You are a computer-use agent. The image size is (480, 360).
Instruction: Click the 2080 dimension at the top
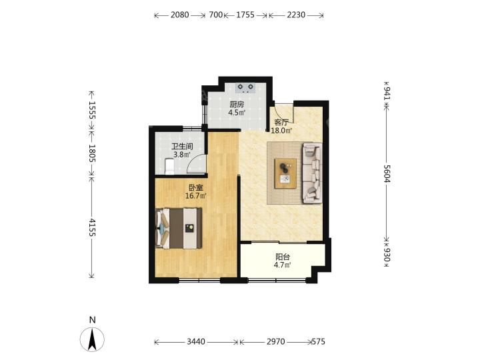click(180, 15)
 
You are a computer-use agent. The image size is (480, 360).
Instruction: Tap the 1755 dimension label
click(245, 15)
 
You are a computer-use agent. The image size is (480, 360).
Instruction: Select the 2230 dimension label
click(296, 15)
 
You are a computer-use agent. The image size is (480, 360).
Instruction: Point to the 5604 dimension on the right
click(387, 173)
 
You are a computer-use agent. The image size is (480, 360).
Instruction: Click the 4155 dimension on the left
click(92, 227)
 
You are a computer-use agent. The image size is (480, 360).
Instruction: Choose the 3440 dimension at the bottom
click(196, 341)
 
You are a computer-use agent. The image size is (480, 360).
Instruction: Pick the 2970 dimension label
click(276, 341)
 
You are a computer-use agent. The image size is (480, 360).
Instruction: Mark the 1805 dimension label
click(92, 154)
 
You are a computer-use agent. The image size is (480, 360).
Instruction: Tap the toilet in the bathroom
click(169, 166)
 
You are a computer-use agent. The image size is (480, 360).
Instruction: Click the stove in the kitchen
click(245, 88)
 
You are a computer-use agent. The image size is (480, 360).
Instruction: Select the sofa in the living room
click(312, 173)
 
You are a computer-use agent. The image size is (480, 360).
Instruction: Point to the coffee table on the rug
click(285, 173)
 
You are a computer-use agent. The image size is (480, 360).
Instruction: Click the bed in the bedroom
click(179, 229)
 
